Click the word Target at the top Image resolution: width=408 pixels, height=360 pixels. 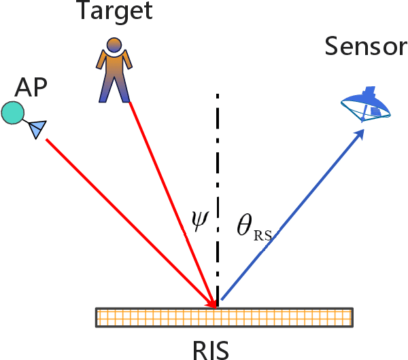coord(114,12)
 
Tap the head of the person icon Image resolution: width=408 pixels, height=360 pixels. coord(114,45)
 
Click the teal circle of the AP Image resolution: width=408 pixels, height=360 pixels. coord(12,113)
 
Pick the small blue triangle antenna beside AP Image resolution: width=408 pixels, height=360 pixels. coord(37,128)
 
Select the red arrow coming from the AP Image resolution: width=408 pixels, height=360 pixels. coord(122,217)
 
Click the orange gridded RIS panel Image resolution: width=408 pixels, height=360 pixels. coord(224,318)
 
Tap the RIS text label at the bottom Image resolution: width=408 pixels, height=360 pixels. coord(209,348)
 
